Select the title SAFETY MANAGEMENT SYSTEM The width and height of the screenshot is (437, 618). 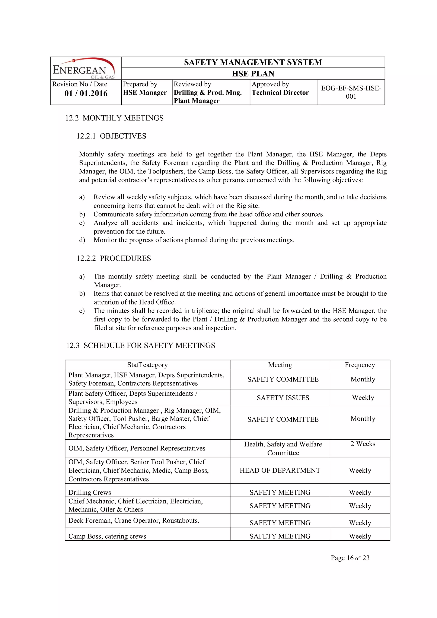(x=253, y=62)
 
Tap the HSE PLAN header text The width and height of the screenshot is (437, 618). (x=253, y=73)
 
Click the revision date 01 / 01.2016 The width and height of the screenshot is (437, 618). (x=86, y=93)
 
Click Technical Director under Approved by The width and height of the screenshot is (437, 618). (x=280, y=93)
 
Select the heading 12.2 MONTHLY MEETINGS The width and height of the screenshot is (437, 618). (x=114, y=118)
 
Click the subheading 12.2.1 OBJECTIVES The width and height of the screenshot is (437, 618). (x=111, y=136)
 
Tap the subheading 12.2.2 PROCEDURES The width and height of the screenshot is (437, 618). (x=114, y=258)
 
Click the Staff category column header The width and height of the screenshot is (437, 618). (x=147, y=365)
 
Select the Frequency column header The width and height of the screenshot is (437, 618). (x=360, y=365)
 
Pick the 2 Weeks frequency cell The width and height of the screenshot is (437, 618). (x=363, y=444)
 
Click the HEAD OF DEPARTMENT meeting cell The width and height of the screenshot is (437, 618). (x=280, y=470)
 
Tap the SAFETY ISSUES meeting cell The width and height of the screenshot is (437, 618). (x=283, y=398)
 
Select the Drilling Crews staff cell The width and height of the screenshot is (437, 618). (x=90, y=492)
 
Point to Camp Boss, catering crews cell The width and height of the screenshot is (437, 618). (x=107, y=536)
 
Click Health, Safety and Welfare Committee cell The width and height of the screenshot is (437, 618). (x=283, y=448)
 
